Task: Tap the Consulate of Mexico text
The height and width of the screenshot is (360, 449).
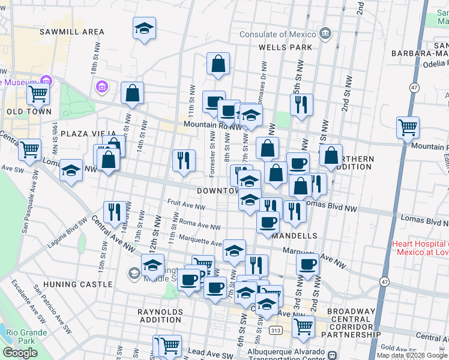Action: click(x=279, y=34)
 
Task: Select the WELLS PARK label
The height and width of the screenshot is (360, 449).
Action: click(x=285, y=47)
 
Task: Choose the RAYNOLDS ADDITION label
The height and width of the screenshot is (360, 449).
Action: click(x=160, y=316)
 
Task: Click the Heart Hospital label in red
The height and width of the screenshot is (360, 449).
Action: click(x=420, y=248)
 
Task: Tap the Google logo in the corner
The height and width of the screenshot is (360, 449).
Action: click(x=20, y=353)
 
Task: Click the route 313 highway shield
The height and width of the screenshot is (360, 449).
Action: click(x=276, y=330)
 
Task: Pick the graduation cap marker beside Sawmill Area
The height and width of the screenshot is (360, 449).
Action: click(x=144, y=28)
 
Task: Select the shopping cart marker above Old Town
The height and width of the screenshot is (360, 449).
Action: click(x=38, y=93)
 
